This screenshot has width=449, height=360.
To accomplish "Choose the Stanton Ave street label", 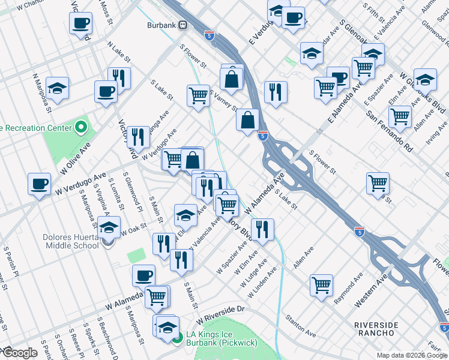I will pyautogui.click(x=301, y=325).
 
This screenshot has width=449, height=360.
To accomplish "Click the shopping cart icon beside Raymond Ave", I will pyautogui.click(x=322, y=285).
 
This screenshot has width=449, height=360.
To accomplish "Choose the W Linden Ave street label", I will pyautogui.click(x=264, y=278).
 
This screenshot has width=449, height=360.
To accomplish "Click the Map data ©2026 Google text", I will pyautogui.click(x=411, y=355).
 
